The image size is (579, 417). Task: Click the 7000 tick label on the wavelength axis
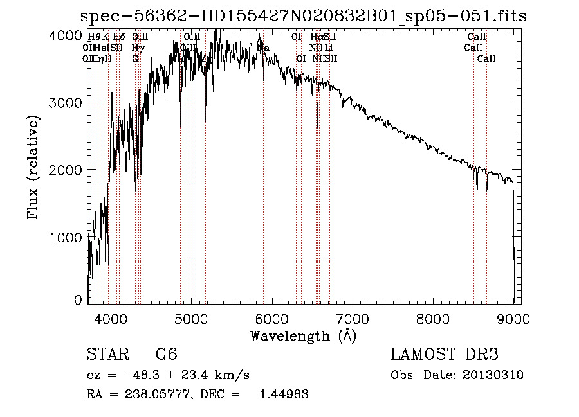click(x=353, y=318)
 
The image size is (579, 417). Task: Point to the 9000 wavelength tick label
click(x=513, y=318)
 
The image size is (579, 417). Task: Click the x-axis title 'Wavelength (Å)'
click(x=303, y=335)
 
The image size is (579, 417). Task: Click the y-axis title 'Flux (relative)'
click(x=33, y=167)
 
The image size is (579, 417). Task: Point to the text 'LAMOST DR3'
click(x=445, y=355)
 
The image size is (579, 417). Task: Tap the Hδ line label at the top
click(x=118, y=37)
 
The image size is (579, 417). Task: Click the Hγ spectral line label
click(x=137, y=48)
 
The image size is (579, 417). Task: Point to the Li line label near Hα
click(x=329, y=48)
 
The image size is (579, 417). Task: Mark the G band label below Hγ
click(x=135, y=58)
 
